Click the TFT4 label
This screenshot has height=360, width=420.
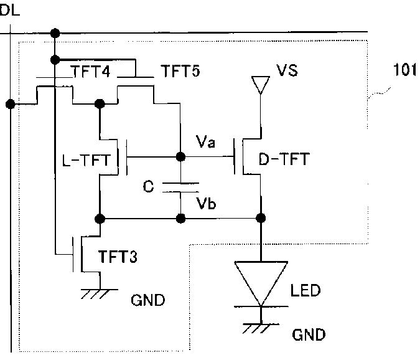click(x=91, y=72)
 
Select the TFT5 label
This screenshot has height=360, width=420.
click(x=180, y=71)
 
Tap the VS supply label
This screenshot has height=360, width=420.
click(x=287, y=70)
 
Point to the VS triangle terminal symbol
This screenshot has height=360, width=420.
click(x=260, y=85)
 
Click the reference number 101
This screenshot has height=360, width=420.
click(x=404, y=70)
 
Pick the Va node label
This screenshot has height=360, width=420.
click(x=205, y=142)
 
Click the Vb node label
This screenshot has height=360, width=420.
click(x=206, y=203)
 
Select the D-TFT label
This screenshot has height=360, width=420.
click(x=284, y=159)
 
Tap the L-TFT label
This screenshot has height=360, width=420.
click(x=86, y=160)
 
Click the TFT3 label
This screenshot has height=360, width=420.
click(x=118, y=256)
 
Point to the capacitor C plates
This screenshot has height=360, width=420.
click(x=180, y=187)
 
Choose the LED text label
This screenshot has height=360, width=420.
click(x=306, y=290)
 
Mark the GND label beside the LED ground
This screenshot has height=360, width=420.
click(x=309, y=335)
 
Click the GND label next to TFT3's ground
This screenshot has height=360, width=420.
click(x=148, y=300)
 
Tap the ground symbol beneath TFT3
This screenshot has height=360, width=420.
click(x=100, y=293)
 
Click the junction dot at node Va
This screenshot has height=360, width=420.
click(x=181, y=157)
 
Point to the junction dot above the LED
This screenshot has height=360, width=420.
click(x=261, y=218)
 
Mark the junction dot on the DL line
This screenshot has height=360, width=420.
click(x=11, y=104)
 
